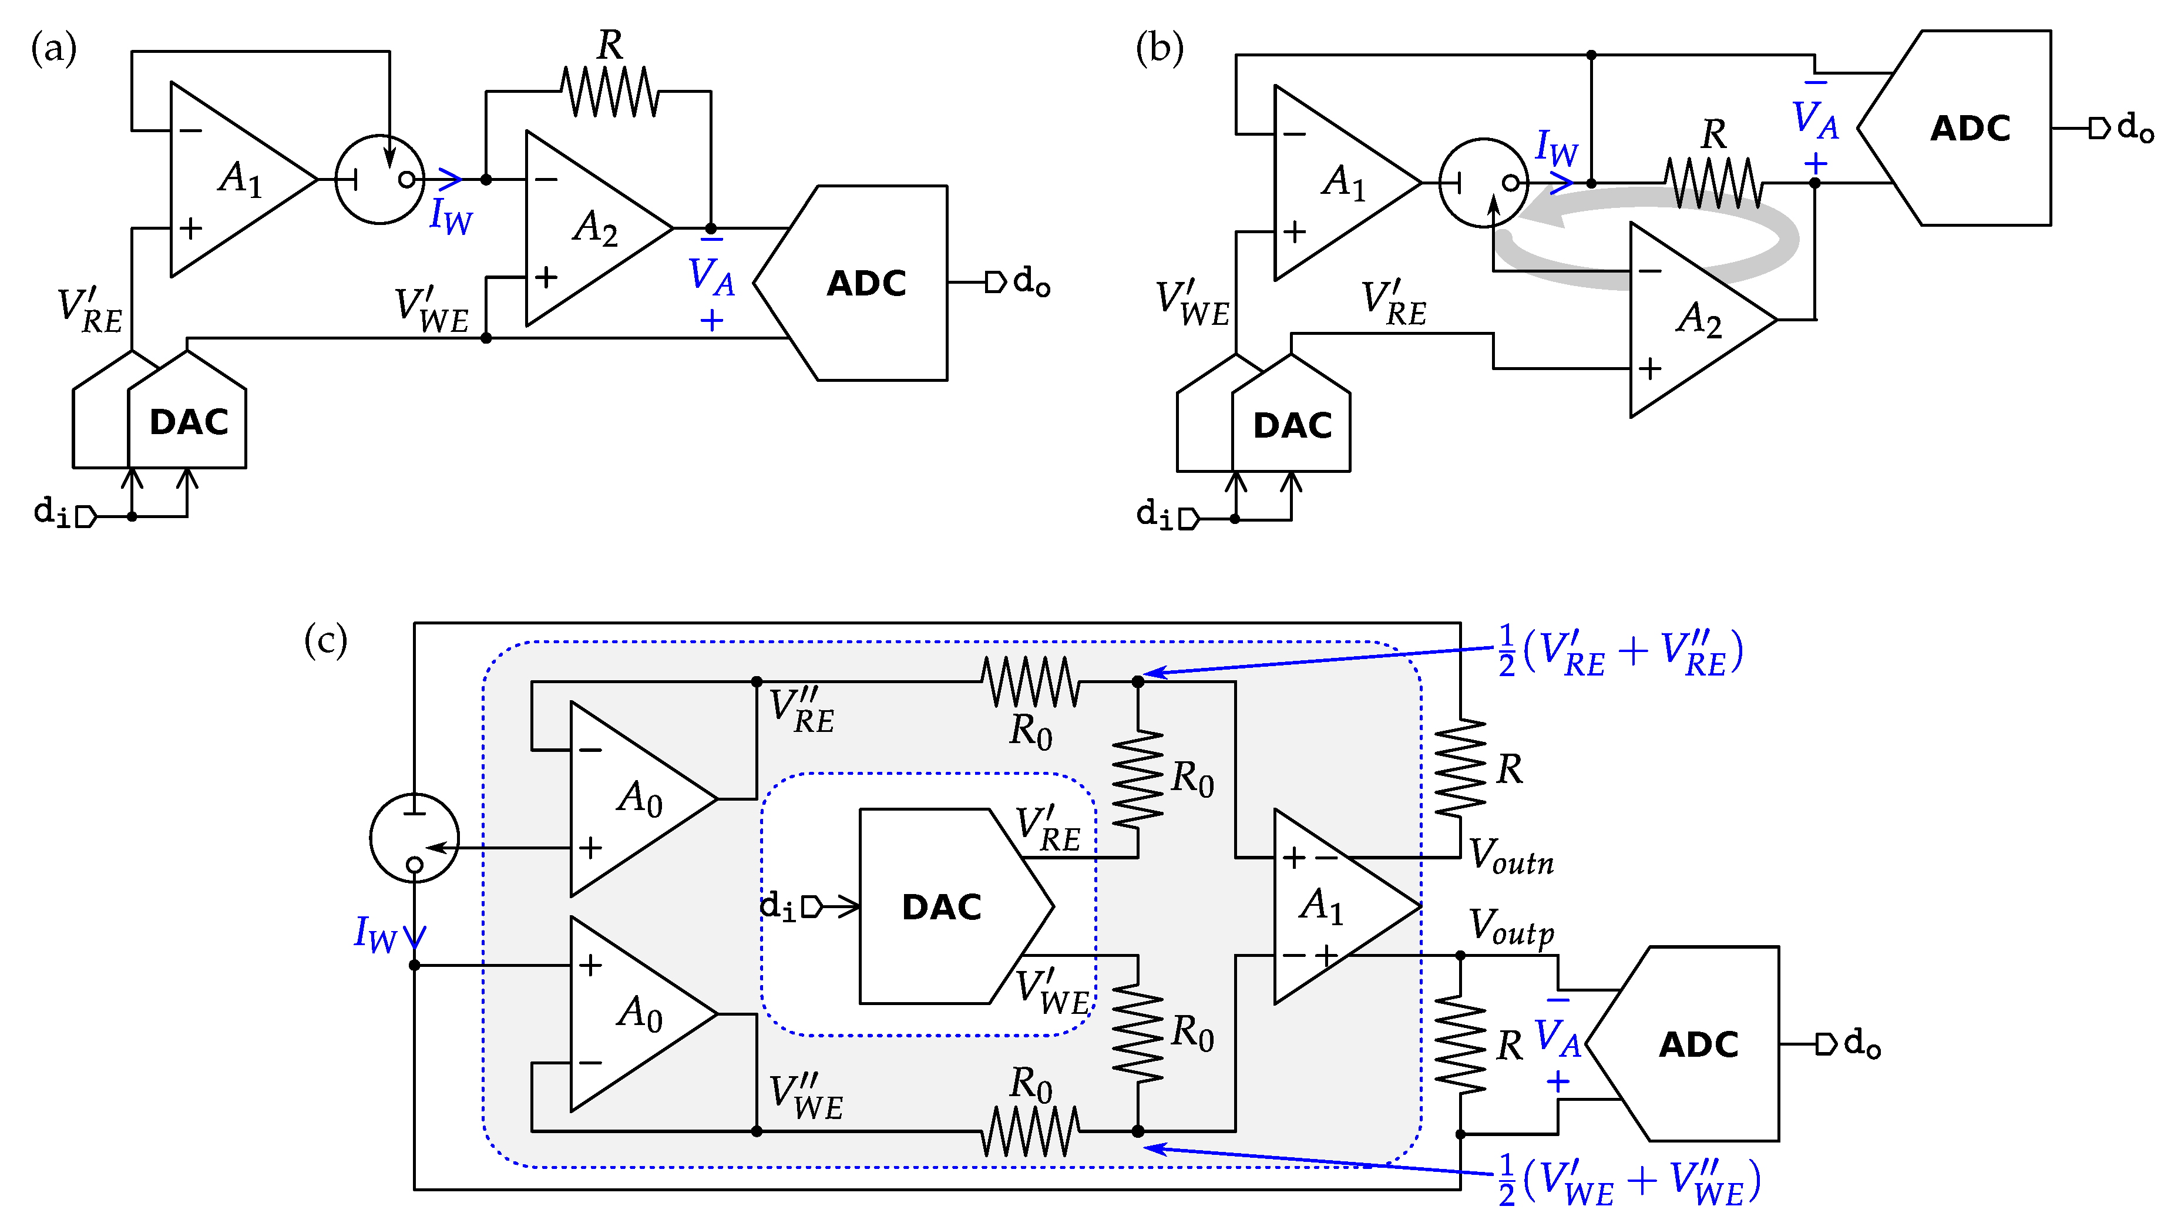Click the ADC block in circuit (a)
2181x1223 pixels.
[x=865, y=283]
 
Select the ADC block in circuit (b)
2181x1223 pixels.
[x=1970, y=129]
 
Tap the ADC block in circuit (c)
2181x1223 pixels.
[x=1698, y=1044]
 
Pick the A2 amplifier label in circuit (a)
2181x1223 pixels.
[x=595, y=227]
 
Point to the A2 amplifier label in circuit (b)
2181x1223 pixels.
[x=1698, y=320]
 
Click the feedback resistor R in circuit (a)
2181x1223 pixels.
[x=610, y=92]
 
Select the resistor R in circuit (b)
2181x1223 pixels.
[x=1713, y=182]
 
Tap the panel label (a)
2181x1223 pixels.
[x=53, y=48]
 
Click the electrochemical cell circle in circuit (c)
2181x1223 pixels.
[x=414, y=838]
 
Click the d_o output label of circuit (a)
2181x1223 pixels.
[x=1031, y=281]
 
